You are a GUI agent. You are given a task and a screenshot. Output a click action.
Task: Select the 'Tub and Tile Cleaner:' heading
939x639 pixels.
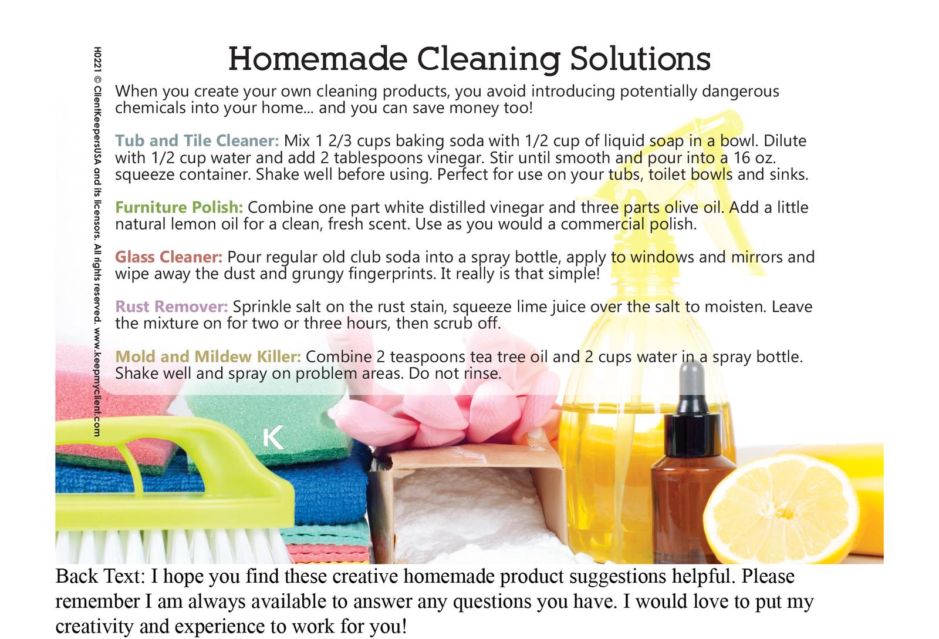pos(197,140)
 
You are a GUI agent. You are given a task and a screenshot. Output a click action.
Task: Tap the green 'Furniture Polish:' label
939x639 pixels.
pos(179,207)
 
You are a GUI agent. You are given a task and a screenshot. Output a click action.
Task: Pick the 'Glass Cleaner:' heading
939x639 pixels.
pos(169,257)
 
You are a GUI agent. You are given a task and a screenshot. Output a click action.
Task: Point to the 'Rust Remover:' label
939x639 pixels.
pos(171,307)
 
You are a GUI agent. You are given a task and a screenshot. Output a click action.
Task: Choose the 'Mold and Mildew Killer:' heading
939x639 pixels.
pos(208,357)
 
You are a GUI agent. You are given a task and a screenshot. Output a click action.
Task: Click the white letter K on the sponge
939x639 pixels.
pos(273,438)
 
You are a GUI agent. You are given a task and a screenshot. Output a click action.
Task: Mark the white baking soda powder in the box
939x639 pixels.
pos(465,512)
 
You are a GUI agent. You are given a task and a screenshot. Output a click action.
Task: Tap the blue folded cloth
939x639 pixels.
pos(327,491)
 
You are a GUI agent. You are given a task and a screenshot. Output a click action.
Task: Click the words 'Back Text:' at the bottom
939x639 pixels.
pos(100,577)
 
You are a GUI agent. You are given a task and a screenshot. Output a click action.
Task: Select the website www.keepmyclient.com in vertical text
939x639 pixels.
pos(97,382)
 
